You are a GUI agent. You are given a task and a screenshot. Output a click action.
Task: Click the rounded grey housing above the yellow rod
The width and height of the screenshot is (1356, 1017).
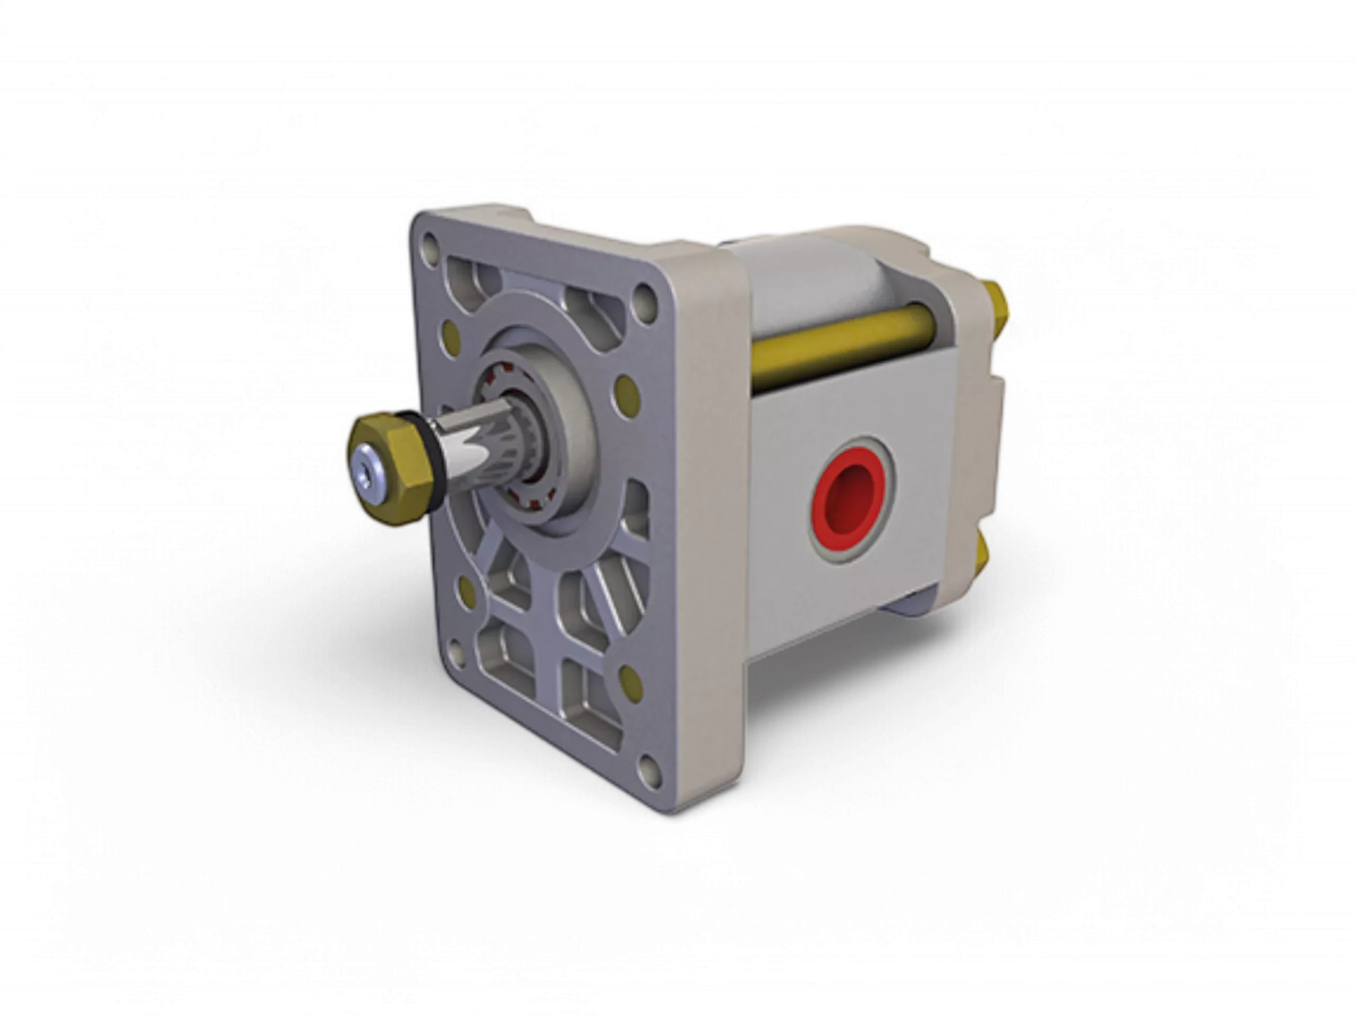(812, 282)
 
